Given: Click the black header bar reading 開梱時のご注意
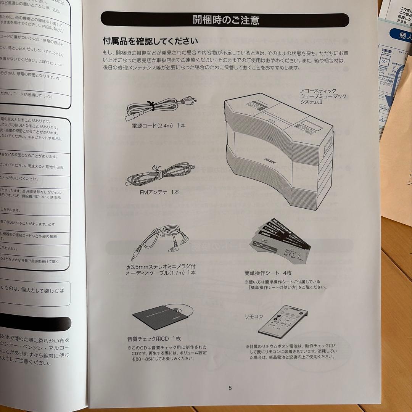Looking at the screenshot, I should (x=225, y=19).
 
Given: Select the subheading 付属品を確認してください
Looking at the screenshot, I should (x=150, y=41).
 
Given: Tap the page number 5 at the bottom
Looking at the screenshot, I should (x=230, y=388).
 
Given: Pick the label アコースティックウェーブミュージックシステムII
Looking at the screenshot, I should (x=323, y=97).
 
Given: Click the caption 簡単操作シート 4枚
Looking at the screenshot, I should (x=268, y=273).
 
